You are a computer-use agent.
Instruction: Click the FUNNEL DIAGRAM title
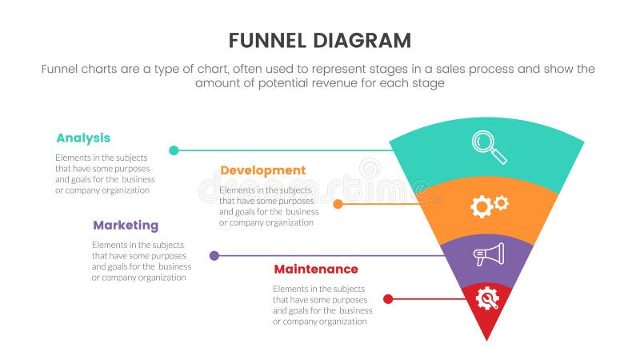[319, 40]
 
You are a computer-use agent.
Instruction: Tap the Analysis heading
[83, 138]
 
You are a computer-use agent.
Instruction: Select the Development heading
[262, 170]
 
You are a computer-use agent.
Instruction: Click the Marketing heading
[125, 225]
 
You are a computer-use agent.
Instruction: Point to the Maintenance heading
[315, 269]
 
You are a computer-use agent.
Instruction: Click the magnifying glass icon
[488, 146]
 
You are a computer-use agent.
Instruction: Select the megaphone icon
[488, 254]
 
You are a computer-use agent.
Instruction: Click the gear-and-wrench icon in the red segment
[487, 298]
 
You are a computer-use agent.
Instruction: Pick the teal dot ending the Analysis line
[174, 150]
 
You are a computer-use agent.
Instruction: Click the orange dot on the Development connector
[338, 204]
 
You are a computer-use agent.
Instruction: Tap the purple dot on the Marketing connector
[214, 256]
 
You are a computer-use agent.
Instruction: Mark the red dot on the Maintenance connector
[387, 299]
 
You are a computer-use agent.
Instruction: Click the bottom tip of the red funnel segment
[487, 338]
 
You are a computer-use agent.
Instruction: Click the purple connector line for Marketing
[328, 256]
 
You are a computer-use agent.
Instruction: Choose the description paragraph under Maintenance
[322, 305]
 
